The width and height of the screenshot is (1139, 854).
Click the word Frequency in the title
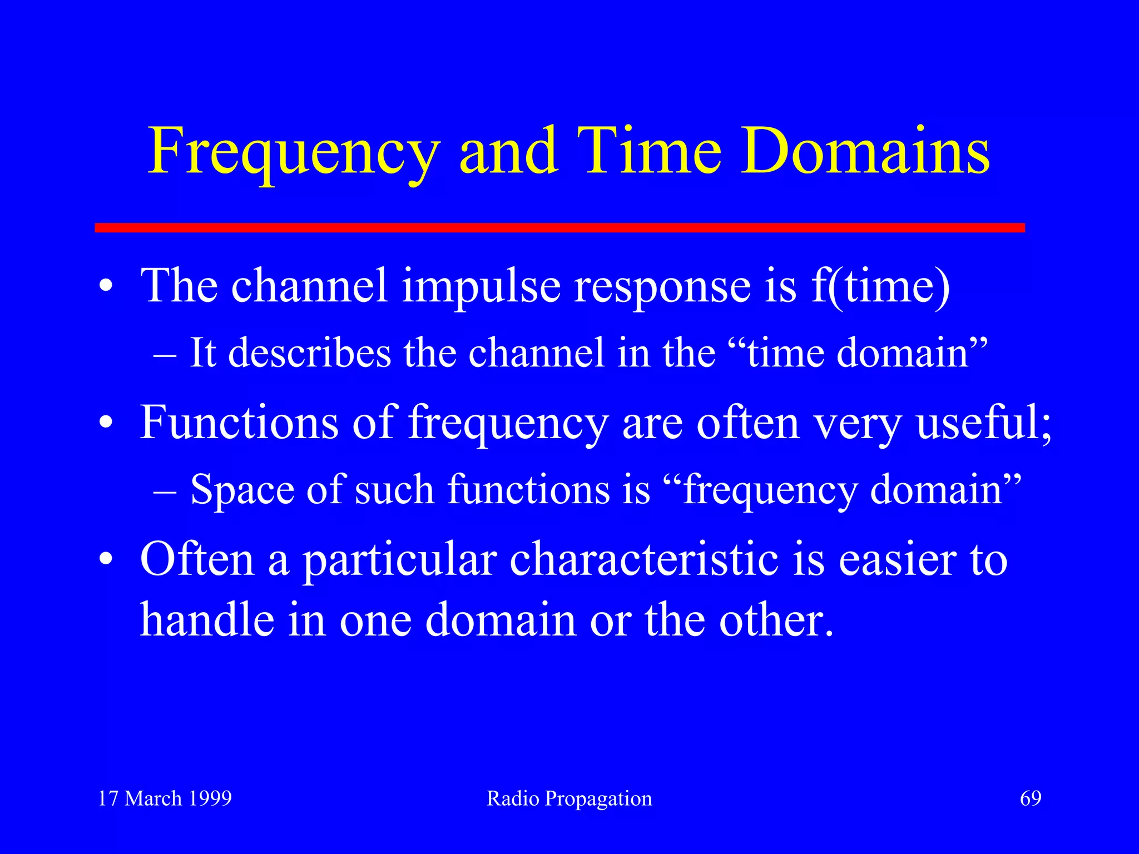pos(294,151)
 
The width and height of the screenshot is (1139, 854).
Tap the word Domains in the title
pos(865,151)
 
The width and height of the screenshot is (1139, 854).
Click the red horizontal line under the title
pos(559,227)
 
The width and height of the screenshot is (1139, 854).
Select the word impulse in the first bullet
pos(481,287)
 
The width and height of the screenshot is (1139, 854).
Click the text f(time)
pos(880,287)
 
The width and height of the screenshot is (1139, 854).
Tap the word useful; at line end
pos(984,423)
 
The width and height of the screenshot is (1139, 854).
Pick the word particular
pos(399,560)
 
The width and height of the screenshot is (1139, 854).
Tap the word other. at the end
pos(776,619)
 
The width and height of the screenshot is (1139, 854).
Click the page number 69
pos(1030,798)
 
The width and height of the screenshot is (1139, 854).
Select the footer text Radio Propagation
pos(569,799)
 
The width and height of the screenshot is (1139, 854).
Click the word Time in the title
pos(649,151)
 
